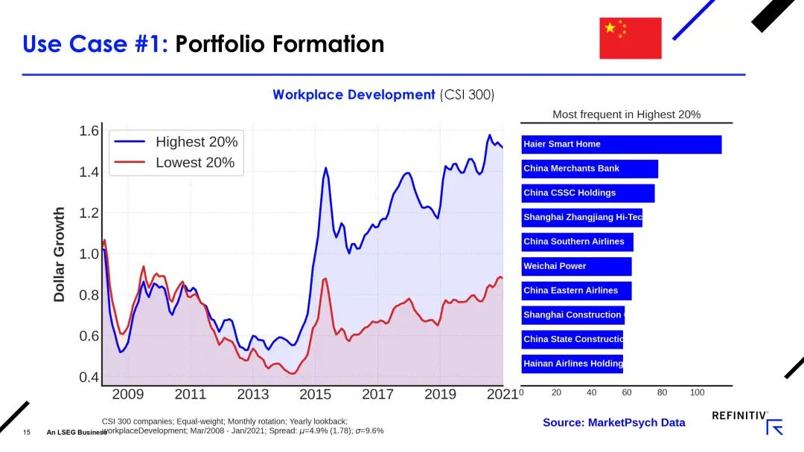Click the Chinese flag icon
point(630,38)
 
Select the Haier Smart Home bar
point(622,144)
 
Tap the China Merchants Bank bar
point(590,169)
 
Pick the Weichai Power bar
point(577,266)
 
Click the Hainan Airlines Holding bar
point(572,364)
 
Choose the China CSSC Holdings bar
point(588,193)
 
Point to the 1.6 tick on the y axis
point(89,132)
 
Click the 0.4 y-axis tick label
point(89,378)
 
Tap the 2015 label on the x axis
point(316,395)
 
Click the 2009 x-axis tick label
point(128,395)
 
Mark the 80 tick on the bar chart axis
point(662,393)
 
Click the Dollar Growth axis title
point(60,254)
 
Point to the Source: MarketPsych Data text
point(613,422)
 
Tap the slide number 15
point(27,432)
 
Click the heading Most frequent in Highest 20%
point(626,114)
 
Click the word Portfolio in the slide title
point(220,45)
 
